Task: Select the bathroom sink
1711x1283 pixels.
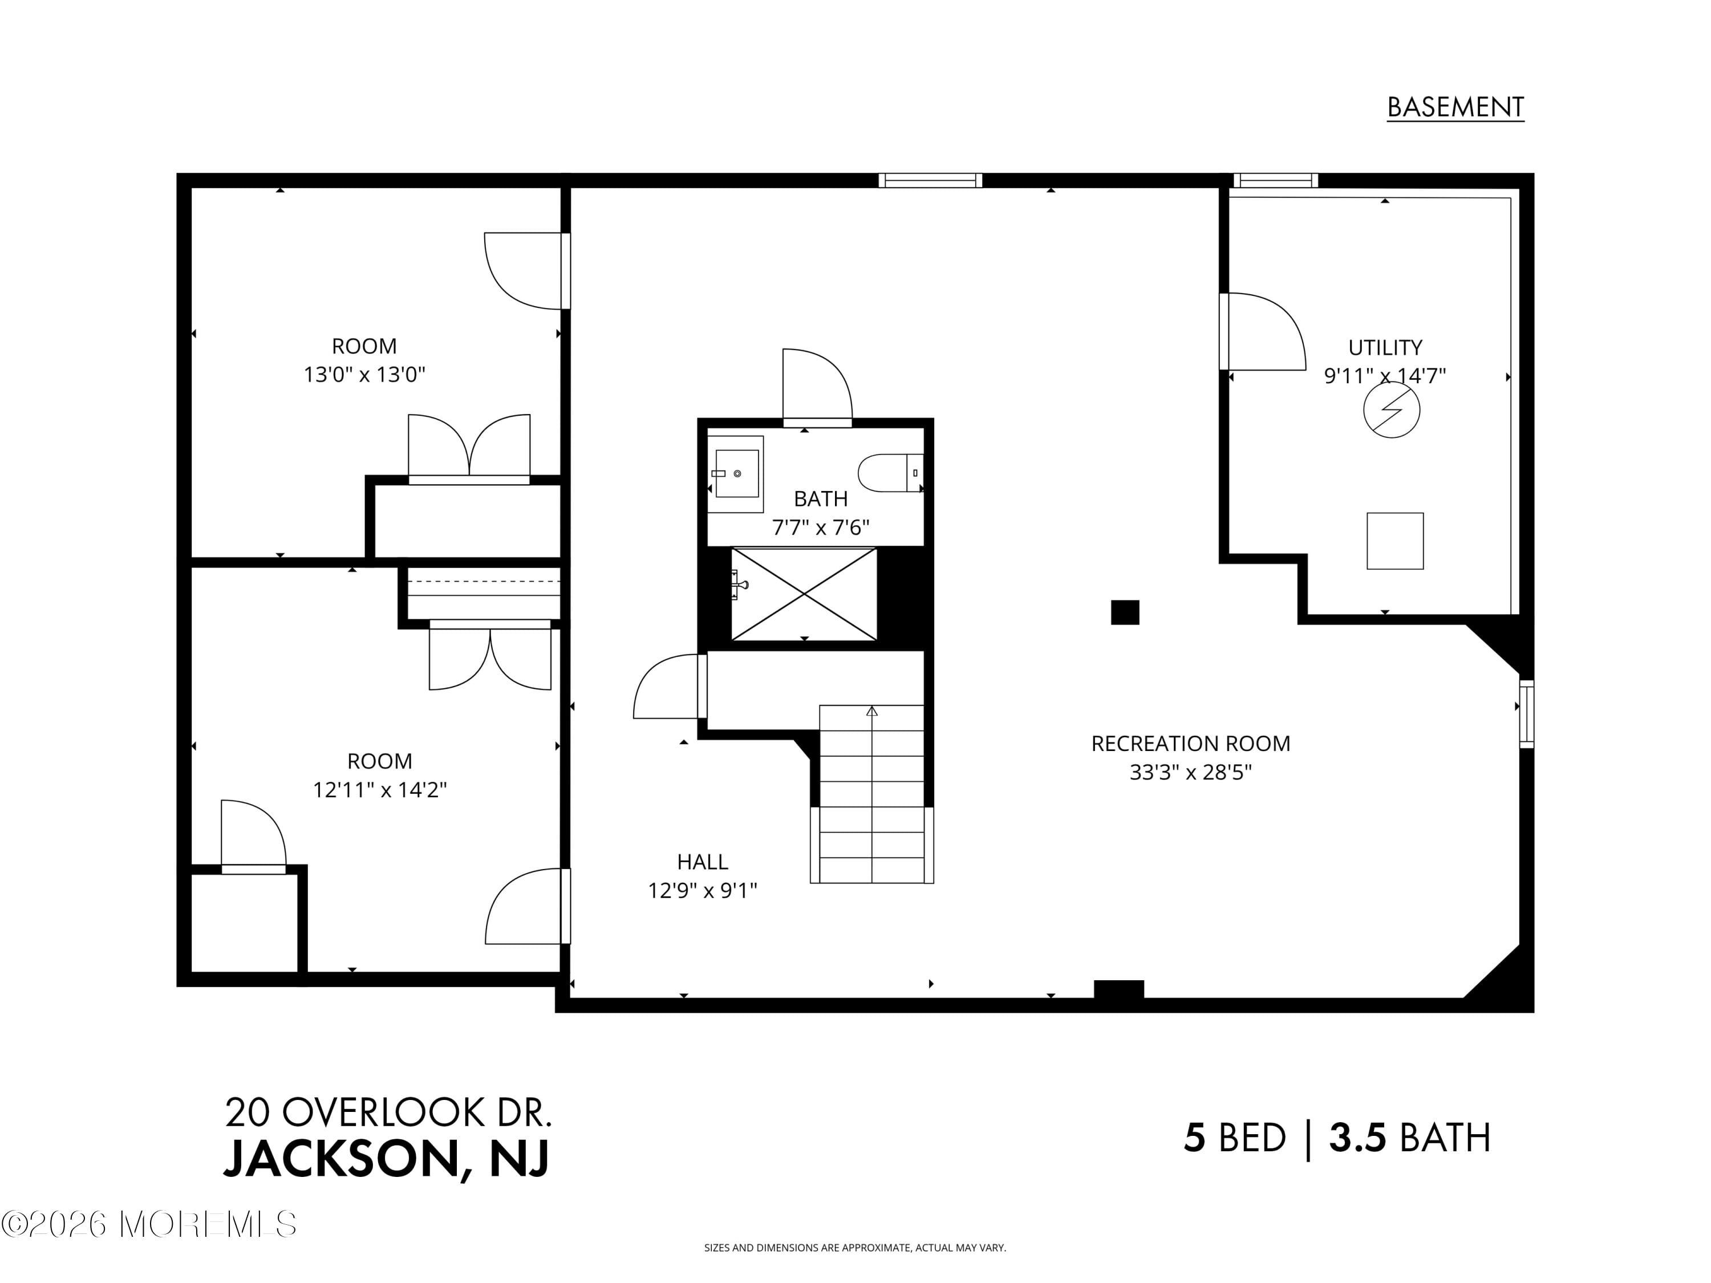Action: point(736,473)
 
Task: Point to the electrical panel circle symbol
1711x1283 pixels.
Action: point(1391,410)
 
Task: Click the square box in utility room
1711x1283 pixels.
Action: point(1394,541)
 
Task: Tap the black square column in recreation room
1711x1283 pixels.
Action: point(1125,612)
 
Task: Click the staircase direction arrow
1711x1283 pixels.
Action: point(871,710)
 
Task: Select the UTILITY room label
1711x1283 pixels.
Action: point(1385,347)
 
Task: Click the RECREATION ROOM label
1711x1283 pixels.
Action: point(1190,743)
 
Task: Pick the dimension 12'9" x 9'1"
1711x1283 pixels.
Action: point(702,891)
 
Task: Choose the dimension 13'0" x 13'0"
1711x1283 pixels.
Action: point(364,375)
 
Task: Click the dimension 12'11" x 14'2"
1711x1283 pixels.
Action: point(379,790)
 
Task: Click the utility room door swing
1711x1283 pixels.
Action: point(1262,332)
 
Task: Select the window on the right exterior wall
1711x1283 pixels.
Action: point(1526,713)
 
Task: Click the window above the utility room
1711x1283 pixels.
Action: point(1275,180)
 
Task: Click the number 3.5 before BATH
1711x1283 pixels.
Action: point(1357,1138)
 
